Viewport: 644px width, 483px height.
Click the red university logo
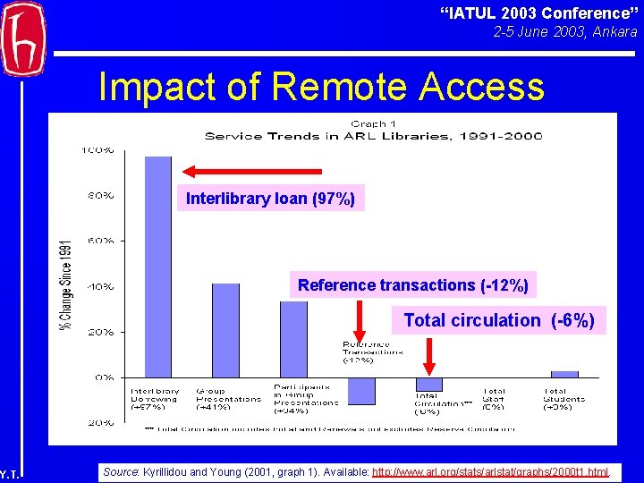coord(23,38)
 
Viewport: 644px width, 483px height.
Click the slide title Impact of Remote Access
coord(321,87)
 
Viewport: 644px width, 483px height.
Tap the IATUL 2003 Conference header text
coord(535,13)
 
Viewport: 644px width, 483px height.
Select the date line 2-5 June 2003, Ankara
coord(565,32)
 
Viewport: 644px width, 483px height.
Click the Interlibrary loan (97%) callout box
coord(270,199)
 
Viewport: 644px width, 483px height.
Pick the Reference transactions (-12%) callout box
coord(412,285)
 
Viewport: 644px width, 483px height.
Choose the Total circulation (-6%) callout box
coord(498,320)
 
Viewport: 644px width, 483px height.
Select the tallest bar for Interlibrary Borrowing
coord(157,267)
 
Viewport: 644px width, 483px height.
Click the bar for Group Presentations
coord(225,330)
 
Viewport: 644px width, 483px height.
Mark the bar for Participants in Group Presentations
coord(293,339)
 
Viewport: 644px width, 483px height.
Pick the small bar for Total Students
coord(564,374)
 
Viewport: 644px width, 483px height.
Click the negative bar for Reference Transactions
coord(361,391)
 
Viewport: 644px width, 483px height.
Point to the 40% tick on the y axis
coord(99,286)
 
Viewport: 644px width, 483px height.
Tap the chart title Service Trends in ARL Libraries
coord(373,136)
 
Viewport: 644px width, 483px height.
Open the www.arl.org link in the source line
coord(490,471)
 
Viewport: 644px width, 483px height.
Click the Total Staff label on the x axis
coord(495,398)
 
